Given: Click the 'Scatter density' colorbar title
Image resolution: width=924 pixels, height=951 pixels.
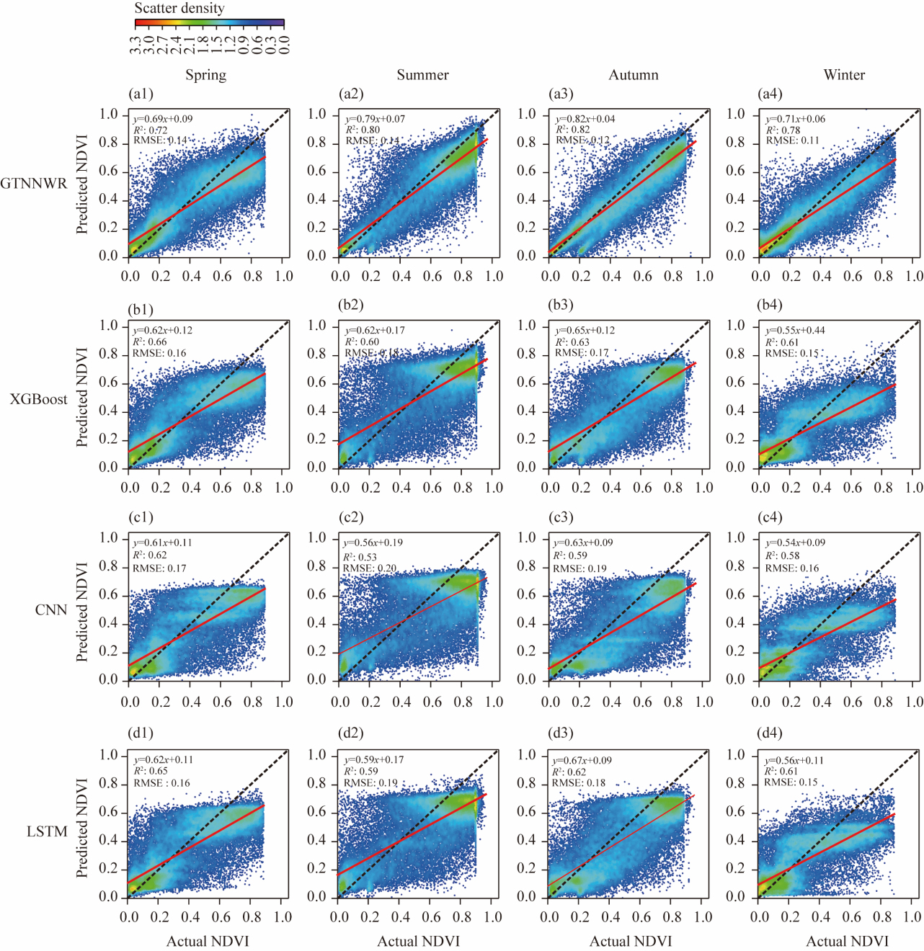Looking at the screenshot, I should point(179,9).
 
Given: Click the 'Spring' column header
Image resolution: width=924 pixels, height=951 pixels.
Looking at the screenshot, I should point(205,75).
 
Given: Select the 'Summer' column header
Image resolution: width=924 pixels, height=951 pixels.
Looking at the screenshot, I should point(422,75).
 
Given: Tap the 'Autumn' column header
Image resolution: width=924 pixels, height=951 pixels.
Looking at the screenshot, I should point(634,75).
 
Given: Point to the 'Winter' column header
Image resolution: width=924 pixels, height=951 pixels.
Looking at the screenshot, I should point(844,75).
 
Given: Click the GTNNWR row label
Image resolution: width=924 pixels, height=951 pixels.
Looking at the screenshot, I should point(33,184).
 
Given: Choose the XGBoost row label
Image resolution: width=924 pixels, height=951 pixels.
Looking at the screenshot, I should point(38,399).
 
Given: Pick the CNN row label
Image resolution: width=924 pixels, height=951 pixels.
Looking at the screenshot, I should point(50,610).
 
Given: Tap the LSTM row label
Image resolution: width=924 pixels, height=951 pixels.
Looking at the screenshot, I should point(47,831).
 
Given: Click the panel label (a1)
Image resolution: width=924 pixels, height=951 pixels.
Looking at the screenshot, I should point(141,94).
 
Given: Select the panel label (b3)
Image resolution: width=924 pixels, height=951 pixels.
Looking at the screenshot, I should point(561,305).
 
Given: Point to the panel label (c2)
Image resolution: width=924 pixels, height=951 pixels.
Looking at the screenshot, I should point(350,517).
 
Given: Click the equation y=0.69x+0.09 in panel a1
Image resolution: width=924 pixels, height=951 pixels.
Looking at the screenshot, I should point(163,119).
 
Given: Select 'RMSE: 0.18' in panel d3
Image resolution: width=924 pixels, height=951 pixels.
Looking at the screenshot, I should point(579,783).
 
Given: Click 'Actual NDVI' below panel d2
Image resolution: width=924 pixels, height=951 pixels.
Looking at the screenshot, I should point(418,941).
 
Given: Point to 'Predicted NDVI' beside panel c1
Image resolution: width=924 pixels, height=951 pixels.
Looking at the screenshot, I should point(82,611).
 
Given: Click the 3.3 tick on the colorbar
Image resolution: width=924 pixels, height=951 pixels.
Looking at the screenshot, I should point(136,45).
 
